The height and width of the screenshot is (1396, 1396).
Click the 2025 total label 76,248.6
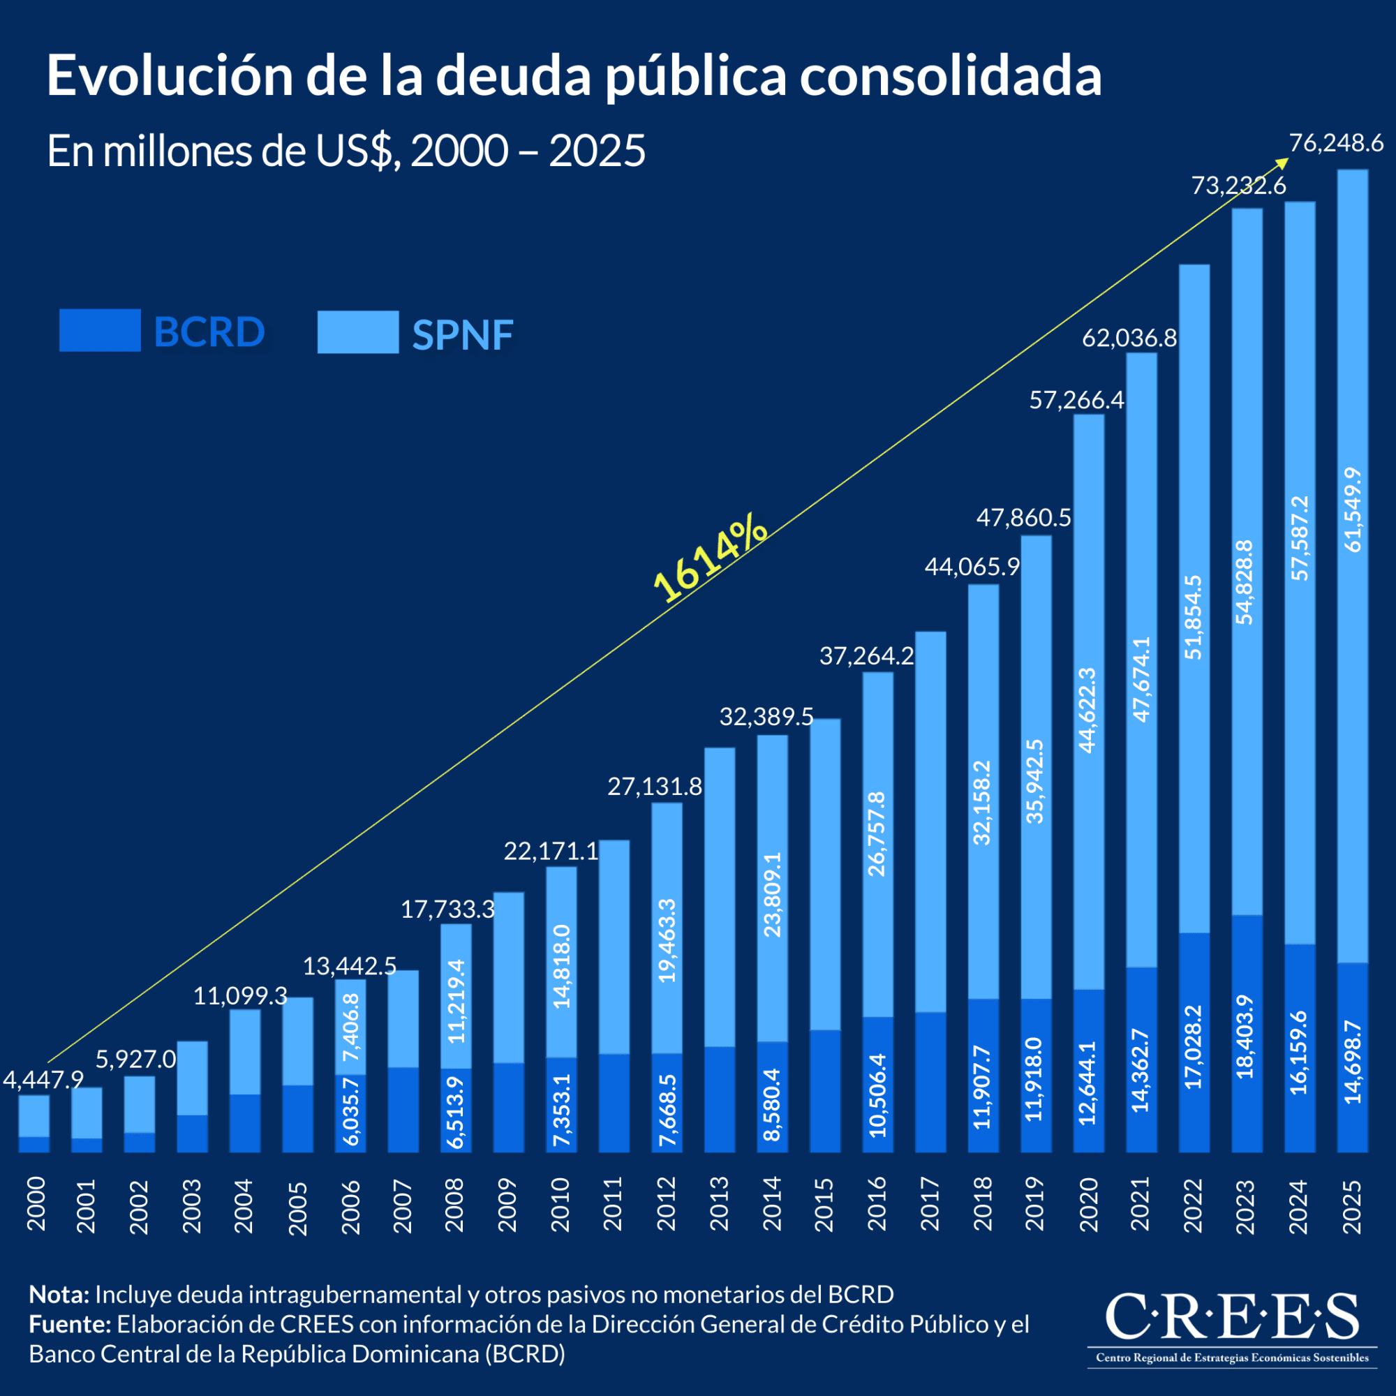pyautogui.click(x=1335, y=143)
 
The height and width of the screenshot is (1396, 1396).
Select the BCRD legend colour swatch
pyautogui.click(x=100, y=330)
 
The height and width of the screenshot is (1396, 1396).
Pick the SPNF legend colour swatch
pyautogui.click(x=357, y=332)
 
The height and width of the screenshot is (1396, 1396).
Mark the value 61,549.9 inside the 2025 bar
pyautogui.click(x=1353, y=510)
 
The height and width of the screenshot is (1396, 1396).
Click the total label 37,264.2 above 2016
pyautogui.click(x=866, y=656)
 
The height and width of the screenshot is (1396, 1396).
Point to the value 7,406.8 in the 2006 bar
pyautogui.click(x=351, y=1027)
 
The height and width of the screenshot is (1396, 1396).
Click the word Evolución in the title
pyautogui.click(x=170, y=76)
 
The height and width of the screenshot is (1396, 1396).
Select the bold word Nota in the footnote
pyautogui.click(x=59, y=1294)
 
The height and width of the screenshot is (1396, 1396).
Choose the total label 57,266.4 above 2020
pyautogui.click(x=1076, y=400)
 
